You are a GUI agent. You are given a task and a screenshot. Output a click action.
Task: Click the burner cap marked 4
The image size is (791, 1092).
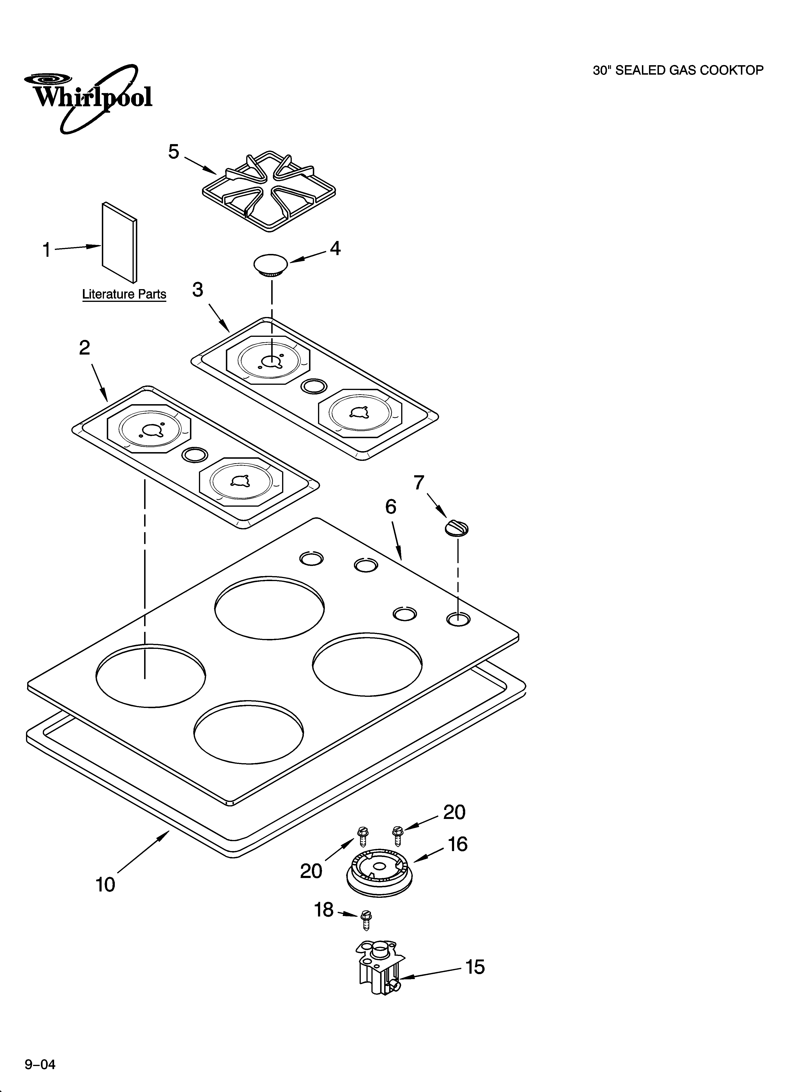coord(270,265)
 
